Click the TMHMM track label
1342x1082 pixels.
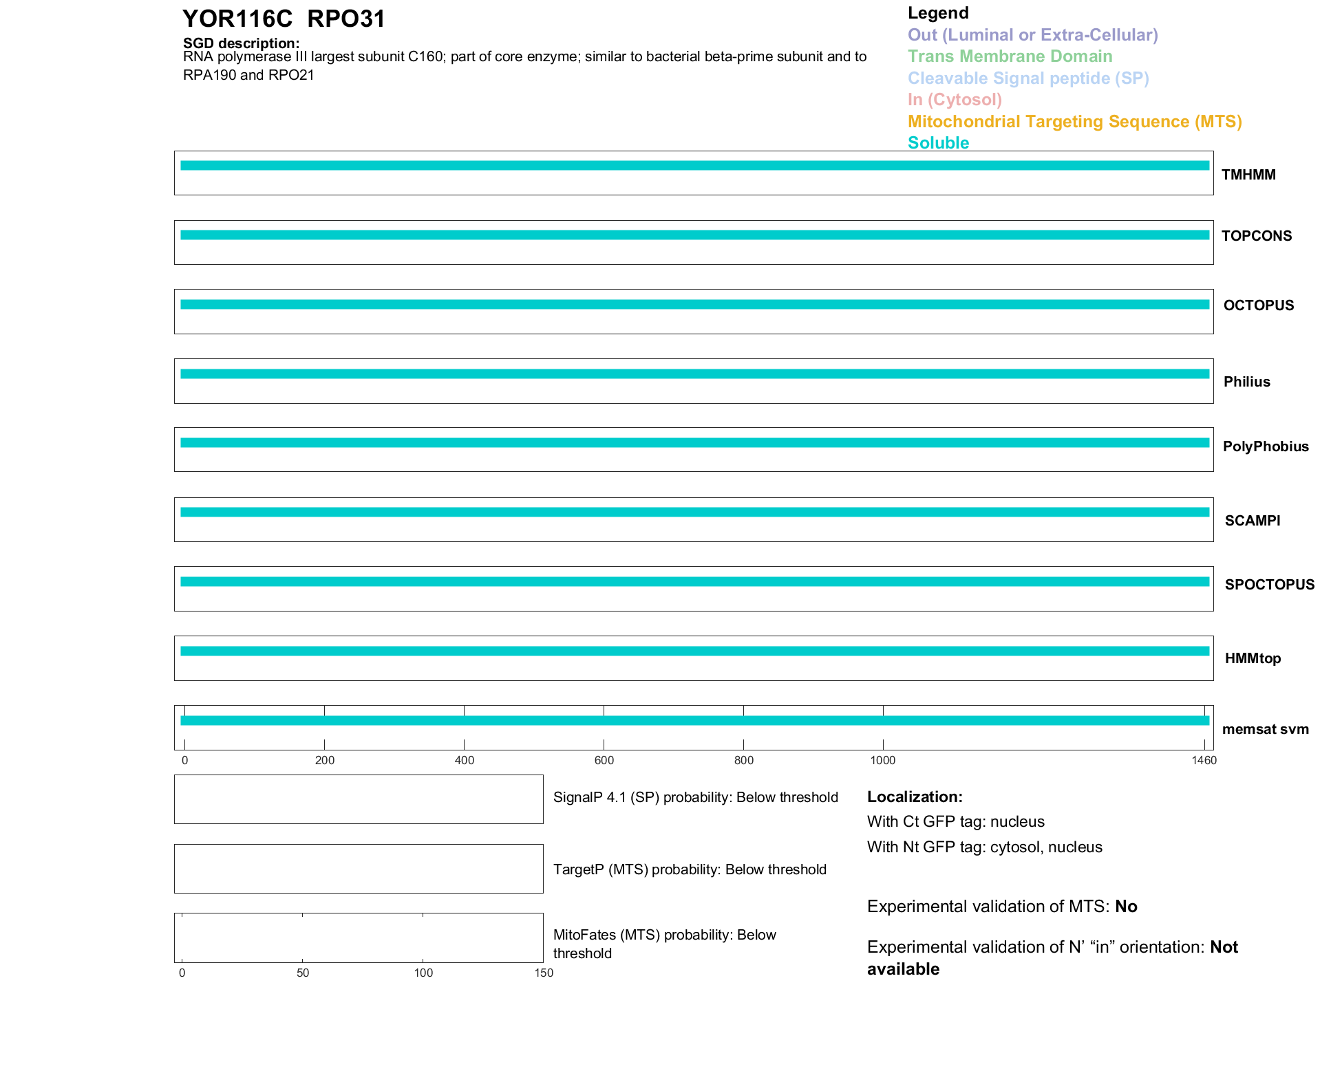click(x=1248, y=175)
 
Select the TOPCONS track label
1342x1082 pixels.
click(x=1256, y=236)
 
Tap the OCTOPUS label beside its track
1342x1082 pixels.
click(x=1258, y=305)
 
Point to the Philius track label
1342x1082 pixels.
click(x=1246, y=382)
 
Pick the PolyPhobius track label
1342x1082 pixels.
click(x=1265, y=446)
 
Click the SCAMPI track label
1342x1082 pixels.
click(x=1252, y=521)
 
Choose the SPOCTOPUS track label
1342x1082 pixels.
click(x=1269, y=585)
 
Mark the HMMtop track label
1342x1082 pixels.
click(x=1253, y=658)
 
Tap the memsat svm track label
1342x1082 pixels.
click(x=1265, y=729)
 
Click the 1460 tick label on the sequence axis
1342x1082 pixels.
click(x=1204, y=760)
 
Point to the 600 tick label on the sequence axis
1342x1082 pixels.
click(x=604, y=760)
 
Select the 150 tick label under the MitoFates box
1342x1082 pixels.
click(x=544, y=973)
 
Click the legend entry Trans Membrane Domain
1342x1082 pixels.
click(x=1010, y=56)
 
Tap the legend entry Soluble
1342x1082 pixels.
click(x=938, y=143)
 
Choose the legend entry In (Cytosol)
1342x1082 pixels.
click(x=955, y=100)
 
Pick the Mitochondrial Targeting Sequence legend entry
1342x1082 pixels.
click(x=1074, y=122)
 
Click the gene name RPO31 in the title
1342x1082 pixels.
click(x=346, y=19)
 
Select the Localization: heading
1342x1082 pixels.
click(x=914, y=797)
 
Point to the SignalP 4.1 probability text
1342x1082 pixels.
click(x=695, y=797)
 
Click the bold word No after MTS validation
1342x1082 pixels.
click(x=1126, y=907)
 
